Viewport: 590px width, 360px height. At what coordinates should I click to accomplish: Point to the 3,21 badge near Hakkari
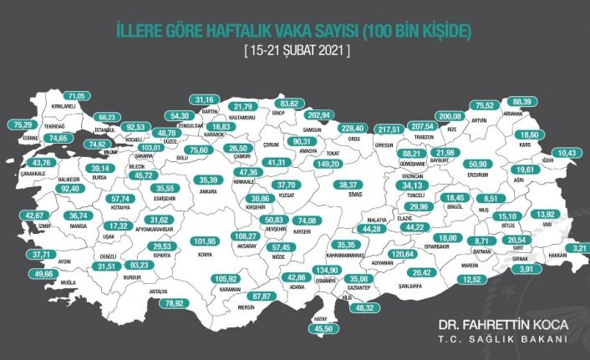(x=581, y=248)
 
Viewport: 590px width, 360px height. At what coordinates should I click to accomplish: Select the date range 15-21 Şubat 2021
(x=296, y=51)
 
